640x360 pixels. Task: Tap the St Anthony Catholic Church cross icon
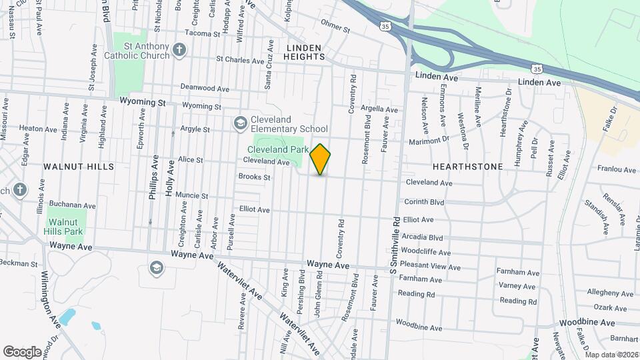(x=178, y=49)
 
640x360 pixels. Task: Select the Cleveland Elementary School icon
(x=240, y=123)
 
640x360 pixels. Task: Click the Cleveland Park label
(x=278, y=150)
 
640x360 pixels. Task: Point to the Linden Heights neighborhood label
(x=305, y=52)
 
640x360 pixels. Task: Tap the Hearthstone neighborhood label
(x=467, y=166)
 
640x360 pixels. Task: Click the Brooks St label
(x=254, y=177)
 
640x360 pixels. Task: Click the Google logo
(x=23, y=351)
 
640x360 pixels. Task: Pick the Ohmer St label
(x=335, y=29)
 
